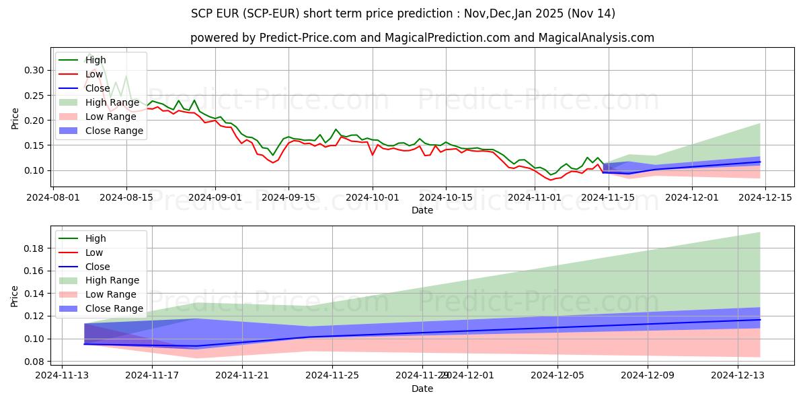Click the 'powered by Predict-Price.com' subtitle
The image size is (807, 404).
pos(422,38)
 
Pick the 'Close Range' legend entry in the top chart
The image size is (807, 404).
pos(114,131)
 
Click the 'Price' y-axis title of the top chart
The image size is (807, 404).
pos(15,119)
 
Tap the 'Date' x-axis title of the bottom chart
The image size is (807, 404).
pos(422,389)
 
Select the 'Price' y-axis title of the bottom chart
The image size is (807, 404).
pos(15,297)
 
